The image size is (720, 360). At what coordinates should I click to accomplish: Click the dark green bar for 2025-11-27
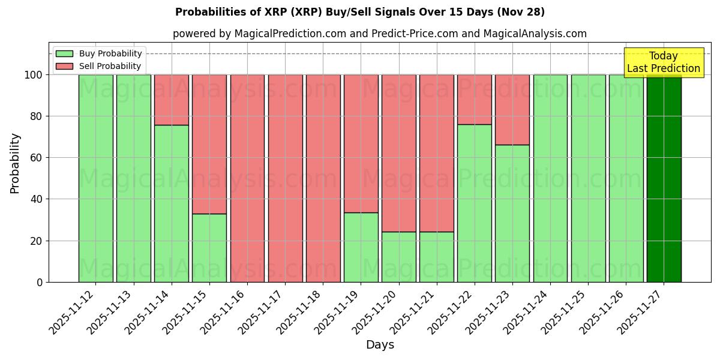coord(664,178)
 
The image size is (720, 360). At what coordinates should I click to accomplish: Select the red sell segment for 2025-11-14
coord(172,100)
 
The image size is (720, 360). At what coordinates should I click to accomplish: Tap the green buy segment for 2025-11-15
coord(209,248)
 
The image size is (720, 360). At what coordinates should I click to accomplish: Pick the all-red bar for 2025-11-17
coord(285,178)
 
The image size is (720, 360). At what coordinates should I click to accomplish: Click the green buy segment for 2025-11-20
coord(399,257)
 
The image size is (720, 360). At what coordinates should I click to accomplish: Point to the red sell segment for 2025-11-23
coord(512,110)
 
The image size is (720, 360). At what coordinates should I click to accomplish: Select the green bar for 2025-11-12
coord(95,178)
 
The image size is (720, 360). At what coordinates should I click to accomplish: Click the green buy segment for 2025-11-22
coord(475,203)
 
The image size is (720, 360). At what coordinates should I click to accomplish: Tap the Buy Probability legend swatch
coord(64,53)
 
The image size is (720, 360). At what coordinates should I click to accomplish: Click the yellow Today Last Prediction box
coord(664,62)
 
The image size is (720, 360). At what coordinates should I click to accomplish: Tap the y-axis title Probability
coord(15,163)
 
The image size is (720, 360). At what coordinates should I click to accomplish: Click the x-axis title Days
coord(380,345)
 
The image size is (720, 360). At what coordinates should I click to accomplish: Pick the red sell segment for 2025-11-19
coord(361,143)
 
